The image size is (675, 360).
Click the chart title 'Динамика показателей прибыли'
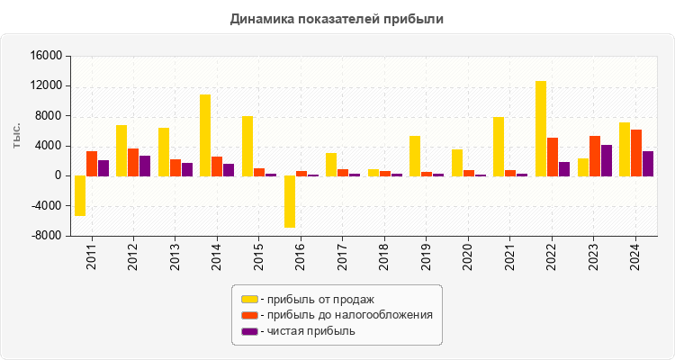pos(337,18)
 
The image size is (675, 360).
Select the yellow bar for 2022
pos(541,128)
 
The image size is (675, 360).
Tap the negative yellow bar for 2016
pos(290,202)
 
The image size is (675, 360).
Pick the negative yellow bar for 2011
pos(80,195)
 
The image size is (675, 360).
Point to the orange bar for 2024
pos(636,153)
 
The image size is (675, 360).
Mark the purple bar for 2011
pos(103,168)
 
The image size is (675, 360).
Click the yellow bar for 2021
pos(499,146)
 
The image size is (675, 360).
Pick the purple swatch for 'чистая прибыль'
pos(248,331)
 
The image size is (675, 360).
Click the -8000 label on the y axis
pos(45,236)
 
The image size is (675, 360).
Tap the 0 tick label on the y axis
pos(57,175)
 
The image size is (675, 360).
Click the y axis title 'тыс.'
pos(18,135)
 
